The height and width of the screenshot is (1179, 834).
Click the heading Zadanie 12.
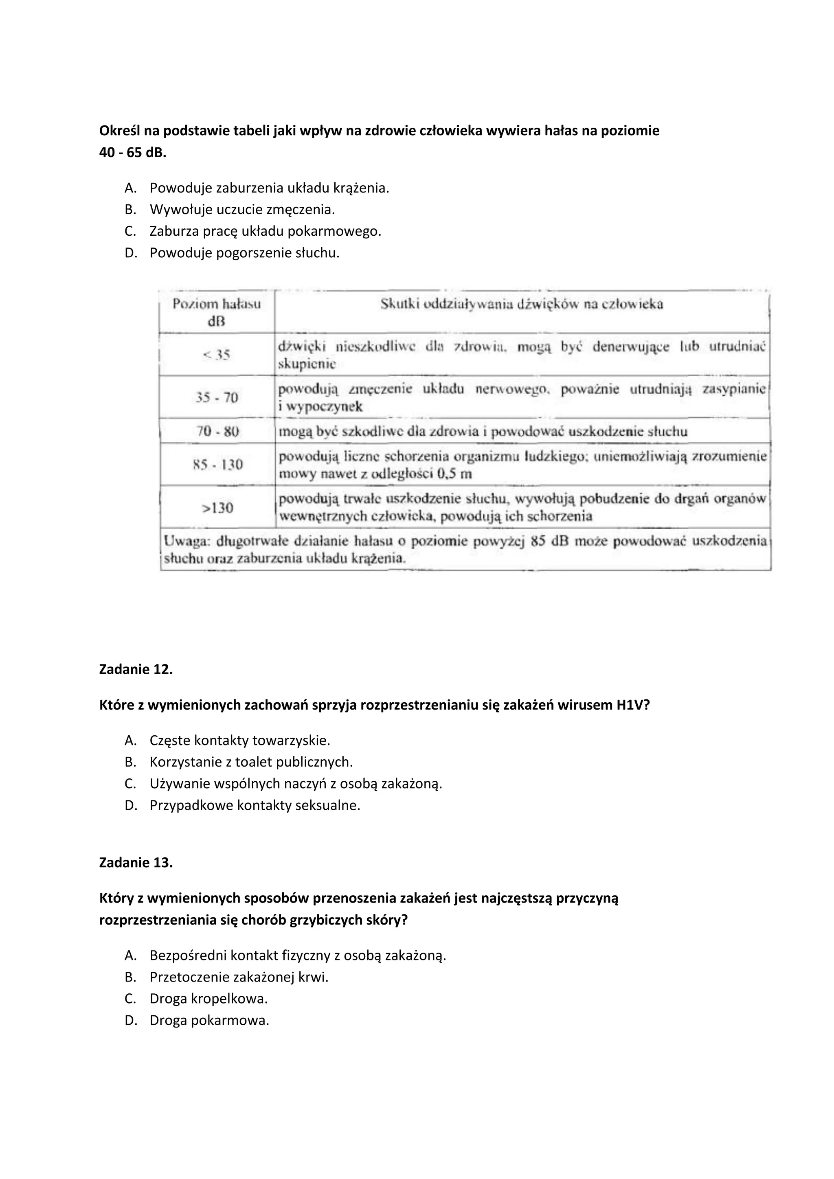tap(136, 670)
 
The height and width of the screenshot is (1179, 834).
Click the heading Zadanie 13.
tap(136, 863)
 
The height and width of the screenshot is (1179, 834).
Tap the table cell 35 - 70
tap(217, 397)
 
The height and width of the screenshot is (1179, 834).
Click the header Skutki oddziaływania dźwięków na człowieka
tap(521, 305)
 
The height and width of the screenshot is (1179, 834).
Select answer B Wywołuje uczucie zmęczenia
tap(242, 210)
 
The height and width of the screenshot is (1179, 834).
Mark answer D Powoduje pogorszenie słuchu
tap(244, 253)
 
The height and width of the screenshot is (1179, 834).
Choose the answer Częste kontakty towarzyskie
tap(239, 741)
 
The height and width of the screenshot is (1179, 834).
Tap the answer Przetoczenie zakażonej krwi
tap(239, 977)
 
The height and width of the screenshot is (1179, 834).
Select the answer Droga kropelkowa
tap(208, 999)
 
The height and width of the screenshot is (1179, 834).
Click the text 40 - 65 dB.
tap(132, 153)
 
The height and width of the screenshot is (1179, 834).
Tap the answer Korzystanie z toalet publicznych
tap(251, 762)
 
